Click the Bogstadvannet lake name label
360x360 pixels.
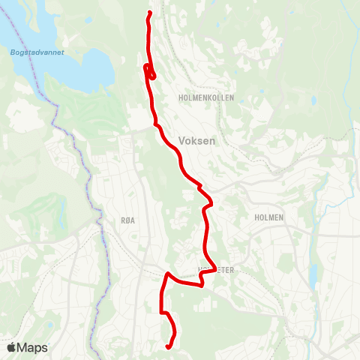click(x=37, y=52)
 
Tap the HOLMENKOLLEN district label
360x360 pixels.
click(x=207, y=98)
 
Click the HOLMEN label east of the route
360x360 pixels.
click(x=269, y=217)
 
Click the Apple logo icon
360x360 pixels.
click(x=11, y=347)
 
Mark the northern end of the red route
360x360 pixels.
click(x=150, y=13)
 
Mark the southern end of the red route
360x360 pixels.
click(x=167, y=346)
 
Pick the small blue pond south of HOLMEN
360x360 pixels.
click(x=313, y=275)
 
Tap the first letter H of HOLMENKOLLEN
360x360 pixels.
click(x=182, y=98)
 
